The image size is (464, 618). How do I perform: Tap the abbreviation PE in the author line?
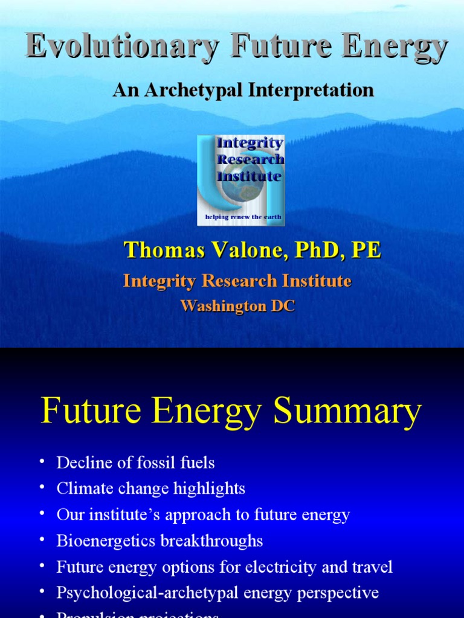coord(366,250)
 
